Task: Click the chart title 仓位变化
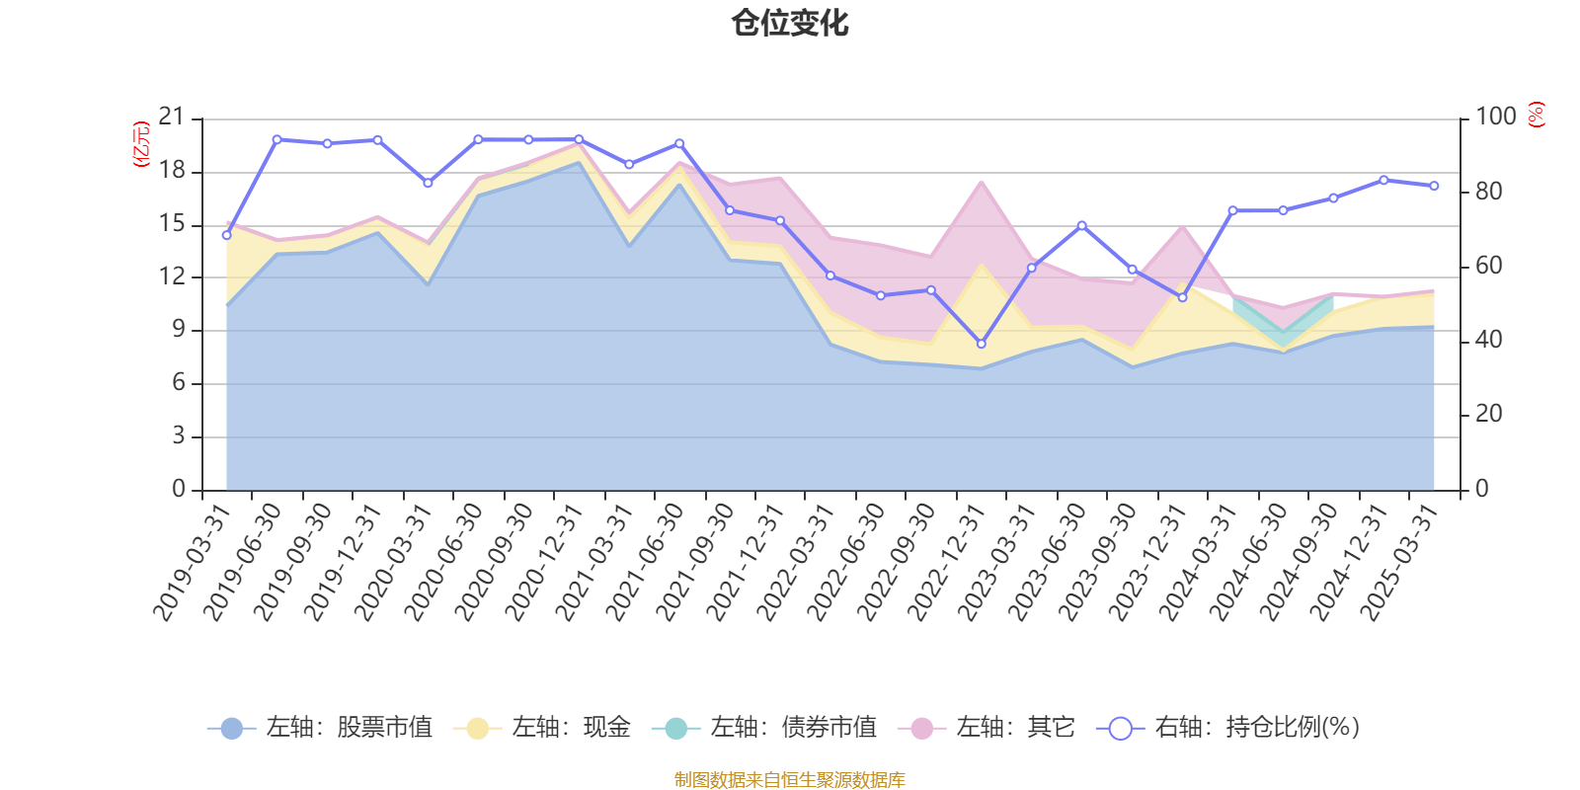(789, 23)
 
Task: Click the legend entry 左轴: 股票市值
(320, 729)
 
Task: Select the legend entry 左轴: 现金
(542, 729)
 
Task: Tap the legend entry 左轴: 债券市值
(764, 729)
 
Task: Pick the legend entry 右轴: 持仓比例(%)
(1228, 729)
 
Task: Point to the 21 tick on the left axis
(172, 118)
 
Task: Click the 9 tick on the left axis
(179, 330)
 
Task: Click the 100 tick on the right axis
(1495, 117)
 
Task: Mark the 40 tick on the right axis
(1488, 340)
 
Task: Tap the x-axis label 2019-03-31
(193, 563)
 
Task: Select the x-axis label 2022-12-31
(948, 563)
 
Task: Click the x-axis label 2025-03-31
(1401, 563)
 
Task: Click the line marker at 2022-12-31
(981, 344)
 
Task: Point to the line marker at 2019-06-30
(276, 139)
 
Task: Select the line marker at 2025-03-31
(1434, 186)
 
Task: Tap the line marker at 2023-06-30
(1081, 225)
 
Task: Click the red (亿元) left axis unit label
(141, 144)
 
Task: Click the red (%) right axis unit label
(1536, 116)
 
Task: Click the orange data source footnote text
(789, 780)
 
